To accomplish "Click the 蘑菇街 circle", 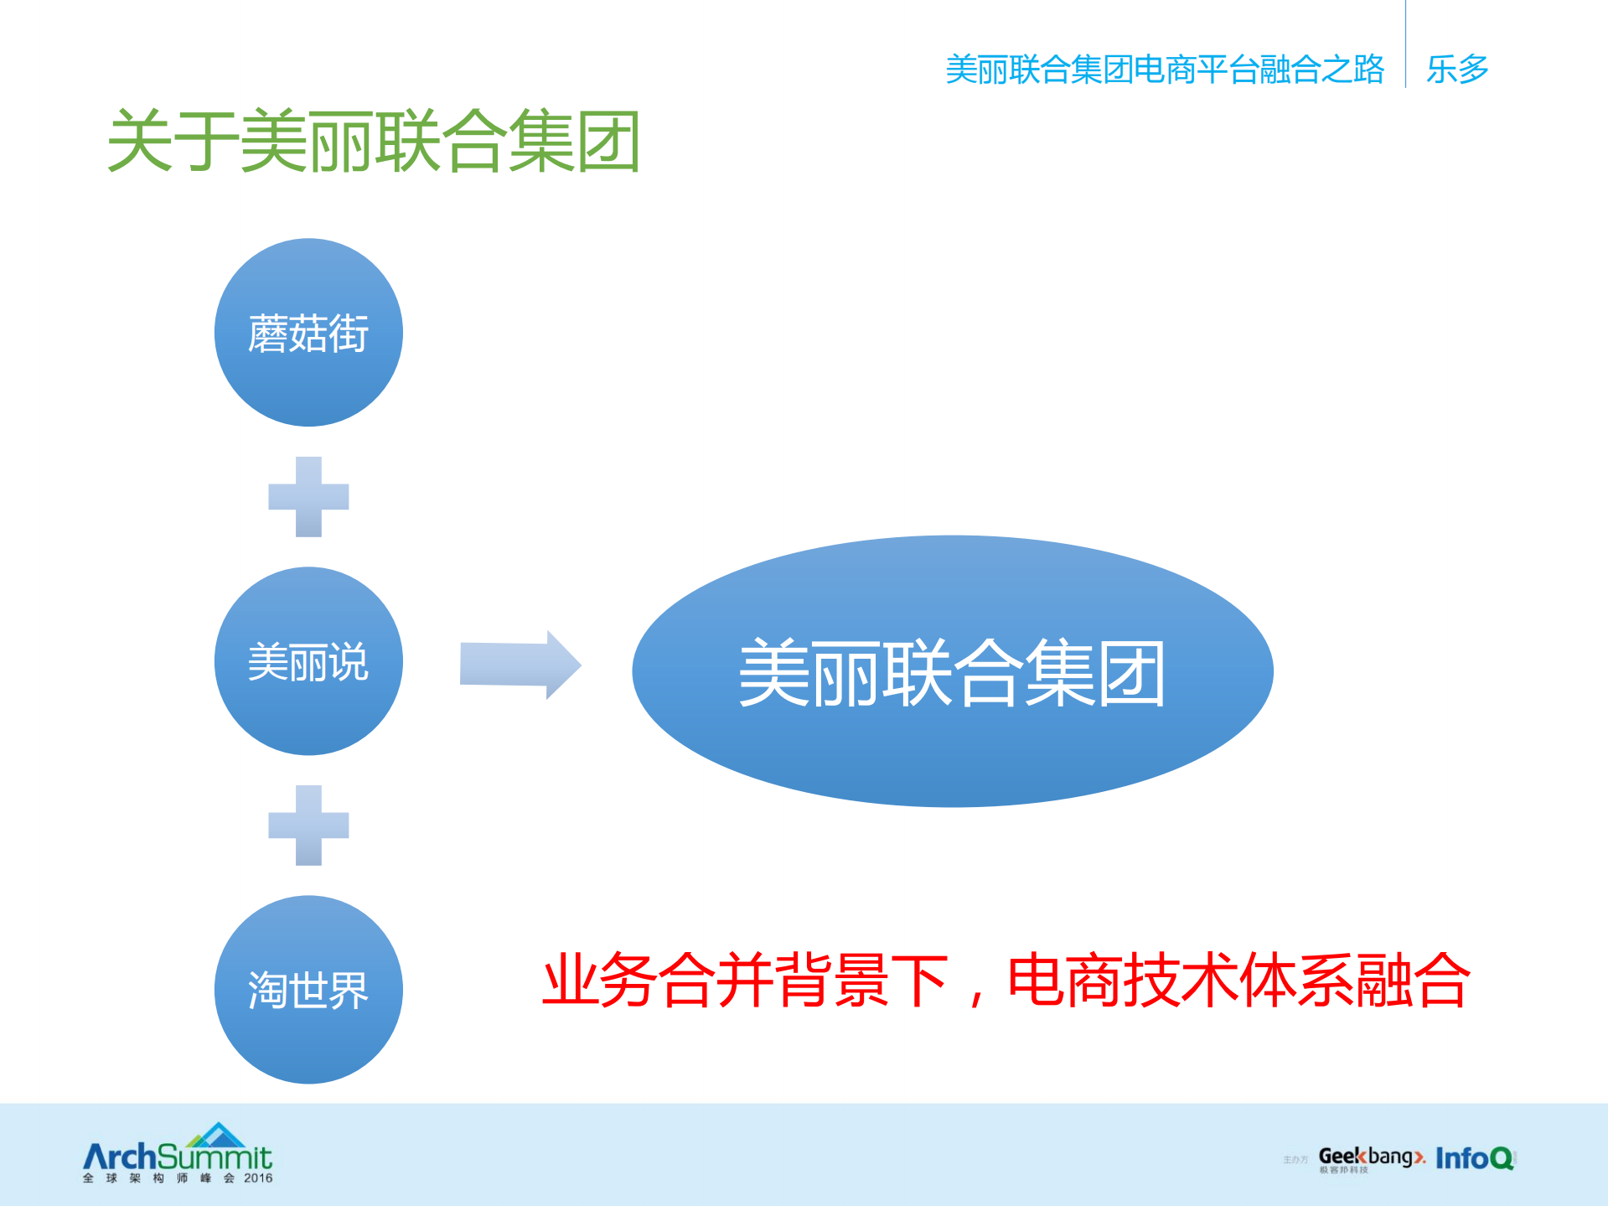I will click(x=308, y=333).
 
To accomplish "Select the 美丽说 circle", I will click(x=308, y=661).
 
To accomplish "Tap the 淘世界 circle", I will click(x=308, y=990).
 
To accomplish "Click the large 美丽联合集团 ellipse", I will click(x=952, y=671).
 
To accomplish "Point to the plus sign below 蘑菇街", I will click(x=308, y=497).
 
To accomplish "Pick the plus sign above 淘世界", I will click(x=308, y=826).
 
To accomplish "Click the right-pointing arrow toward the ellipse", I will click(x=520, y=665).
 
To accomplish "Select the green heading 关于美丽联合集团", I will click(x=374, y=142).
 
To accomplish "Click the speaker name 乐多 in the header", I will click(x=1457, y=69).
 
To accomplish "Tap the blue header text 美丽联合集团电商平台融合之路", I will click(x=1164, y=70).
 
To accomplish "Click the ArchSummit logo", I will click(x=178, y=1156).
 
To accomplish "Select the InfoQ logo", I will click(x=1475, y=1158).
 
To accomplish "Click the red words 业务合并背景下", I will click(x=745, y=980).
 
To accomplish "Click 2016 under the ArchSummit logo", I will click(x=258, y=1178).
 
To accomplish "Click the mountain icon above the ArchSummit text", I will click(x=217, y=1135).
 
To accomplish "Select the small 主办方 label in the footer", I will click(x=1295, y=1160).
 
